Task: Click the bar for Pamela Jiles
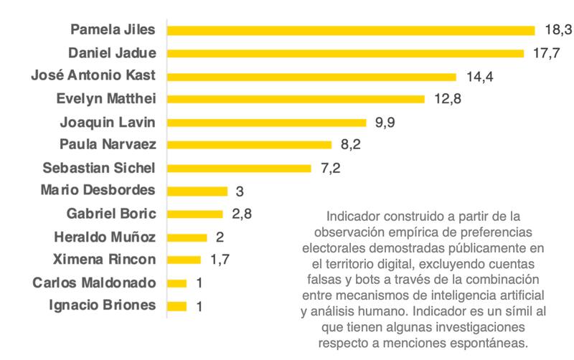pos(351,30)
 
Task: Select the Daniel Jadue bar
pos(345,53)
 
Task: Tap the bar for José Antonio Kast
pos(311,77)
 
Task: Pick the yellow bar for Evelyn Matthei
pos(296,99)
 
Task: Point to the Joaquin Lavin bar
pos(266,123)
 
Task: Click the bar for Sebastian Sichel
pos(239,168)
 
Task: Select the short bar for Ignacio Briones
pos(177,306)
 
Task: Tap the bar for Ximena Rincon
pos(184,260)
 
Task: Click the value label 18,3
pos(556,29)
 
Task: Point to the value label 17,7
pos(545,53)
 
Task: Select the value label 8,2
pos(350,145)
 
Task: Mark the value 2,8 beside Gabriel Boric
pos(241,214)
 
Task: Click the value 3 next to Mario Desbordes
pos(239,191)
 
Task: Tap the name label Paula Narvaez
pos(108,144)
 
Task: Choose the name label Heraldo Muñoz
pos(105,236)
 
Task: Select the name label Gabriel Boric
pos(111,213)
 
